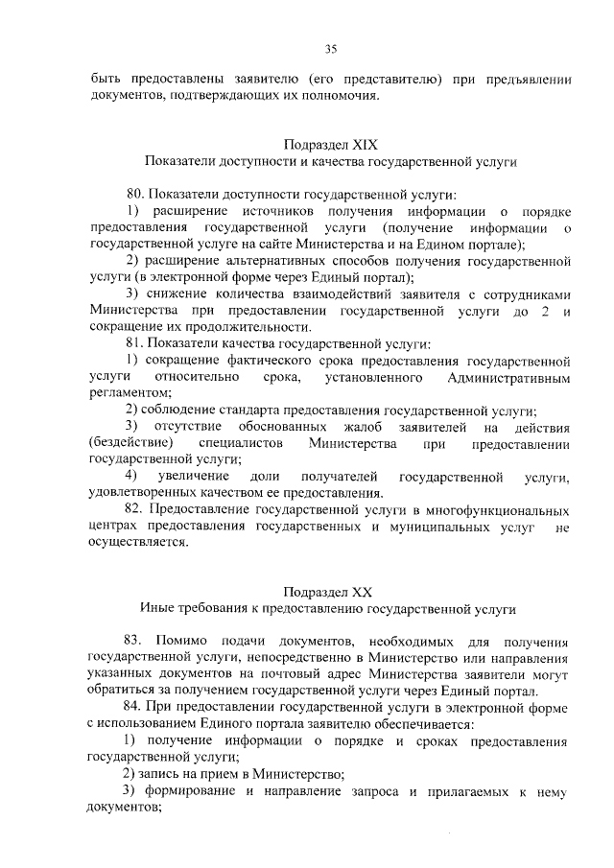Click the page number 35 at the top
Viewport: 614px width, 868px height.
[x=330, y=49]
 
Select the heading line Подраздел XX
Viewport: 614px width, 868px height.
[x=330, y=590]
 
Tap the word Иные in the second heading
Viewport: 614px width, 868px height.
[x=156, y=607]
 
